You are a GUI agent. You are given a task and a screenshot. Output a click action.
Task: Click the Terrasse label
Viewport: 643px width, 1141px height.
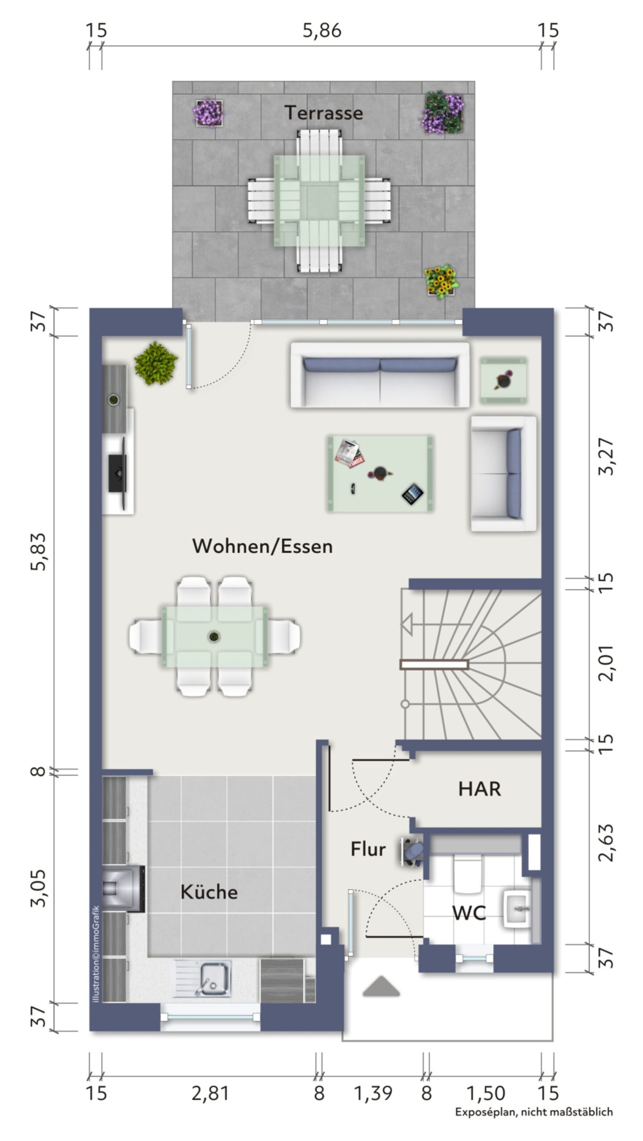pyautogui.click(x=324, y=113)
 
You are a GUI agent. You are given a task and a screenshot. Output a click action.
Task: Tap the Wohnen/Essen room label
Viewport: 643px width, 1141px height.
pyautogui.click(x=263, y=546)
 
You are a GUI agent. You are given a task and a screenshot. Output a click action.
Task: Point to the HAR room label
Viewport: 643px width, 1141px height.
pyautogui.click(x=480, y=789)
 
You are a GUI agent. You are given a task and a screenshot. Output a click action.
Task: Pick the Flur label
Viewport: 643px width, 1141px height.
pyautogui.click(x=368, y=849)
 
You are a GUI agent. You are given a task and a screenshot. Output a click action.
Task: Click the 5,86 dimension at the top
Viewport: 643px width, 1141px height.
pyautogui.click(x=322, y=31)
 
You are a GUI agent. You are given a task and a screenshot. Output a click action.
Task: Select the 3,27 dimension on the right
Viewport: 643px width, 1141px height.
pyautogui.click(x=607, y=457)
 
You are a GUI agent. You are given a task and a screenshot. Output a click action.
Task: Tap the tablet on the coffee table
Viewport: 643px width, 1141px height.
pyautogui.click(x=413, y=494)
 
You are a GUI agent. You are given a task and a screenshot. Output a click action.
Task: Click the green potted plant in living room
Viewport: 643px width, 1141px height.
pyautogui.click(x=156, y=363)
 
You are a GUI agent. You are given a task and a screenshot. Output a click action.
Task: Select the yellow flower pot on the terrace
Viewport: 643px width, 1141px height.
pyautogui.click(x=441, y=281)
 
